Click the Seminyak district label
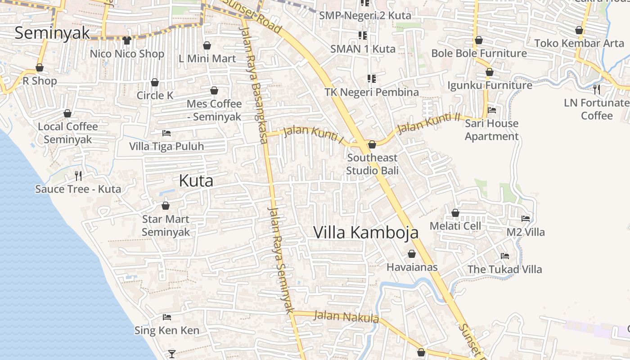tap(52, 33)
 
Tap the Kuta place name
tap(196, 181)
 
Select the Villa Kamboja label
tap(365, 233)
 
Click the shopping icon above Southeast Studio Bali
tap(372, 144)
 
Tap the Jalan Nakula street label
tap(346, 317)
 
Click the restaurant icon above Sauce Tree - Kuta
tap(78, 175)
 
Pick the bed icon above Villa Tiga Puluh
tap(166, 133)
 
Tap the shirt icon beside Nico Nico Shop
tap(126, 40)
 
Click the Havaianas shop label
tap(412, 267)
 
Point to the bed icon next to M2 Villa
tap(525, 219)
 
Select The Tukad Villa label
tap(504, 270)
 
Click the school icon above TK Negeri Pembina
tap(371, 79)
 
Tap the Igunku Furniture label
tap(490, 85)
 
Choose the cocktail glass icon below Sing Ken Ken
tap(171, 354)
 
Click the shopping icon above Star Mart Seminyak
tap(166, 206)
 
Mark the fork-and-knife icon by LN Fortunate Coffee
tap(597, 89)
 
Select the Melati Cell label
tap(455, 226)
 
